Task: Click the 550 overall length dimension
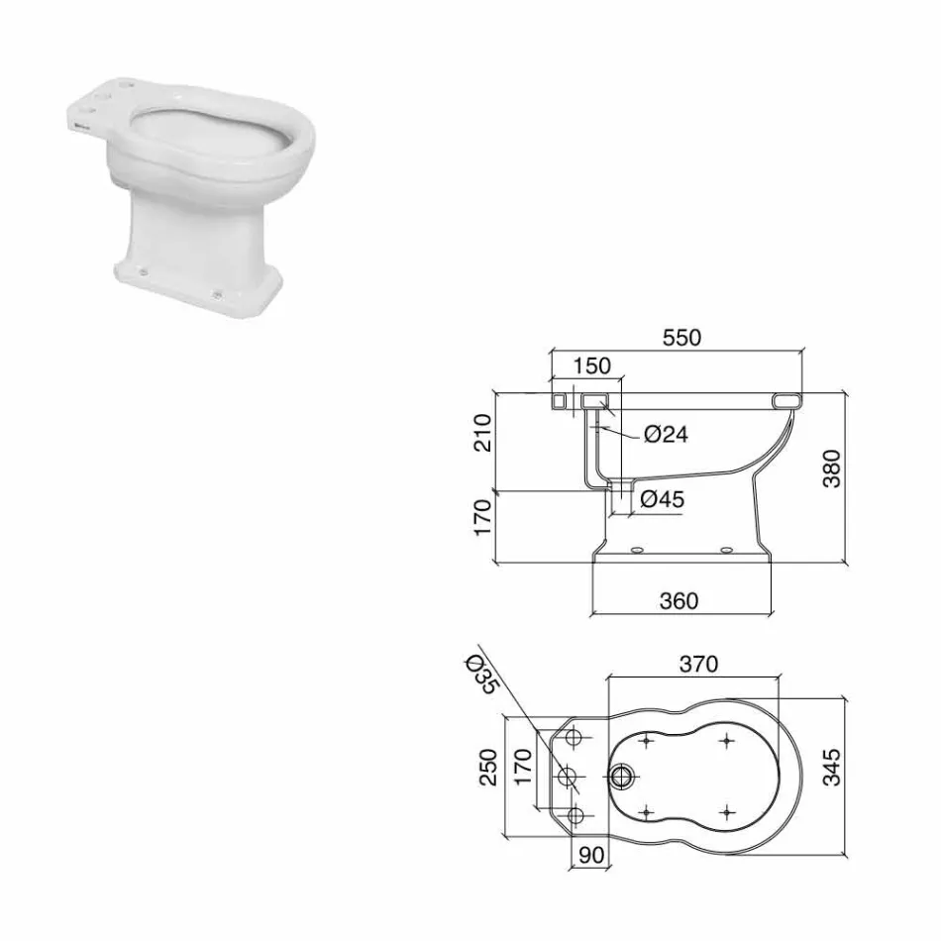681,337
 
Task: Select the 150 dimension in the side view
592,366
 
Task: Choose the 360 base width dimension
679,600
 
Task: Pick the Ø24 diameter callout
665,434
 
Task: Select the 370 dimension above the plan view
698,665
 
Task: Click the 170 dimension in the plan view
524,766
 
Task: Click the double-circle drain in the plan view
624,776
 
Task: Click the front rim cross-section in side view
787,400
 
